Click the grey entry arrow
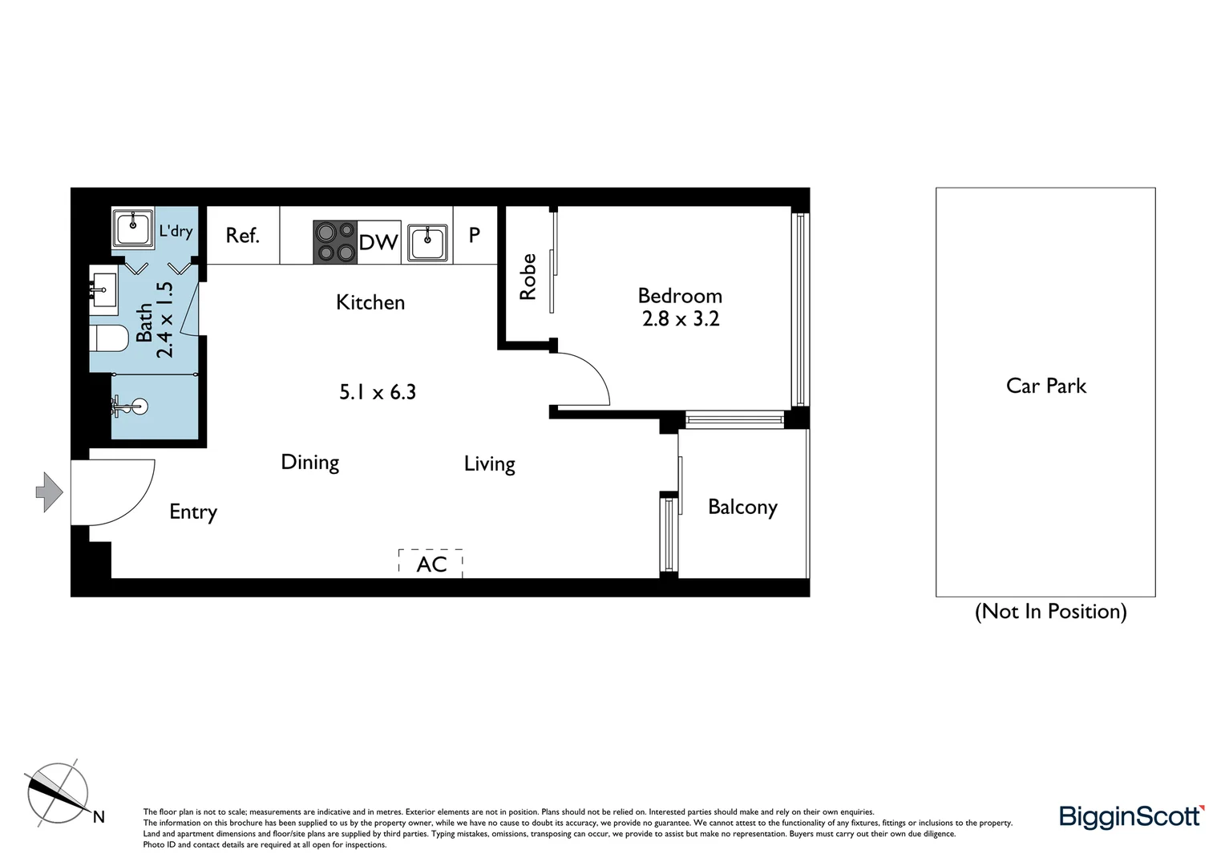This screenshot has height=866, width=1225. (50, 492)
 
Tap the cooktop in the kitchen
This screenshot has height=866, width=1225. (335, 242)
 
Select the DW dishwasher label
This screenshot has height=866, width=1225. (378, 242)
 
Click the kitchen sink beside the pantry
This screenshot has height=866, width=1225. (427, 242)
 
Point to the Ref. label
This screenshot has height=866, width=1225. (242, 236)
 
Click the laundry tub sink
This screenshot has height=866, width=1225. (133, 230)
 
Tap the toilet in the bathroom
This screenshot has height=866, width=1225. (111, 338)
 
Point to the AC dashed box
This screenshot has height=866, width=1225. (431, 563)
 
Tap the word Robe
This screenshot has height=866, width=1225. (528, 277)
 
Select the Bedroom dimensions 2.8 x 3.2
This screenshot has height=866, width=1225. (681, 319)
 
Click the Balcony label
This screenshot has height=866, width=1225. (742, 507)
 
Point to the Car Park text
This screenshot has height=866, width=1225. (1045, 386)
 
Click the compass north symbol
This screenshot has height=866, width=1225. (59, 791)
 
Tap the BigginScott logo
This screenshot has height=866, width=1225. (1131, 816)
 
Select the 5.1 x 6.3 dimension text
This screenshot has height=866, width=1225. (378, 392)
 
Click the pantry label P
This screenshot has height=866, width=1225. (475, 235)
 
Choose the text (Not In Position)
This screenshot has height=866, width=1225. (1050, 612)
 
